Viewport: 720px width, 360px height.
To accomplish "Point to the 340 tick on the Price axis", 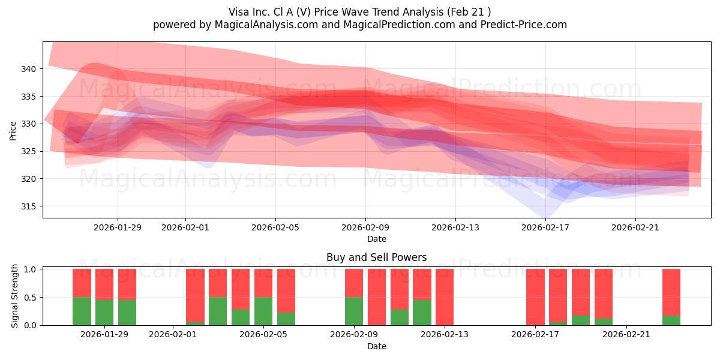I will (28, 69).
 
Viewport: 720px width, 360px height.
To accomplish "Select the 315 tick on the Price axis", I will (28, 206).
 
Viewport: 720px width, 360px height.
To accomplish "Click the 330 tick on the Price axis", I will (28, 124).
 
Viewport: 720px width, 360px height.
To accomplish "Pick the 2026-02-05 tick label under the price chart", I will (275, 227).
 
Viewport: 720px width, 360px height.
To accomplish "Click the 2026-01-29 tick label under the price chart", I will (118, 227).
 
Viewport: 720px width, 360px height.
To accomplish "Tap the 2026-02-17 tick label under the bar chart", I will (535, 335).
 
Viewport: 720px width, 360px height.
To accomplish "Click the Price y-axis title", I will (13, 130).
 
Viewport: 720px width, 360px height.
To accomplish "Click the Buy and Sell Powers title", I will (376, 257).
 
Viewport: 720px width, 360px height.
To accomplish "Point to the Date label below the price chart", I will (376, 239).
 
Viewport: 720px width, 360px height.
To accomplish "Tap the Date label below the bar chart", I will (376, 346).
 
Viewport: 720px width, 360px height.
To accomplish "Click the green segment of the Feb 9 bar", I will (354, 311).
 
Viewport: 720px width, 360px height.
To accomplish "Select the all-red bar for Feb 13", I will (445, 297).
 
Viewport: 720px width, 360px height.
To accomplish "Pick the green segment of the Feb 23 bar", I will (671, 320).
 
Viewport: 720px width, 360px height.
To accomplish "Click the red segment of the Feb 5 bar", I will (263, 283).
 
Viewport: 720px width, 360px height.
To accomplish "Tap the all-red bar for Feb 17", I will (535, 297).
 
